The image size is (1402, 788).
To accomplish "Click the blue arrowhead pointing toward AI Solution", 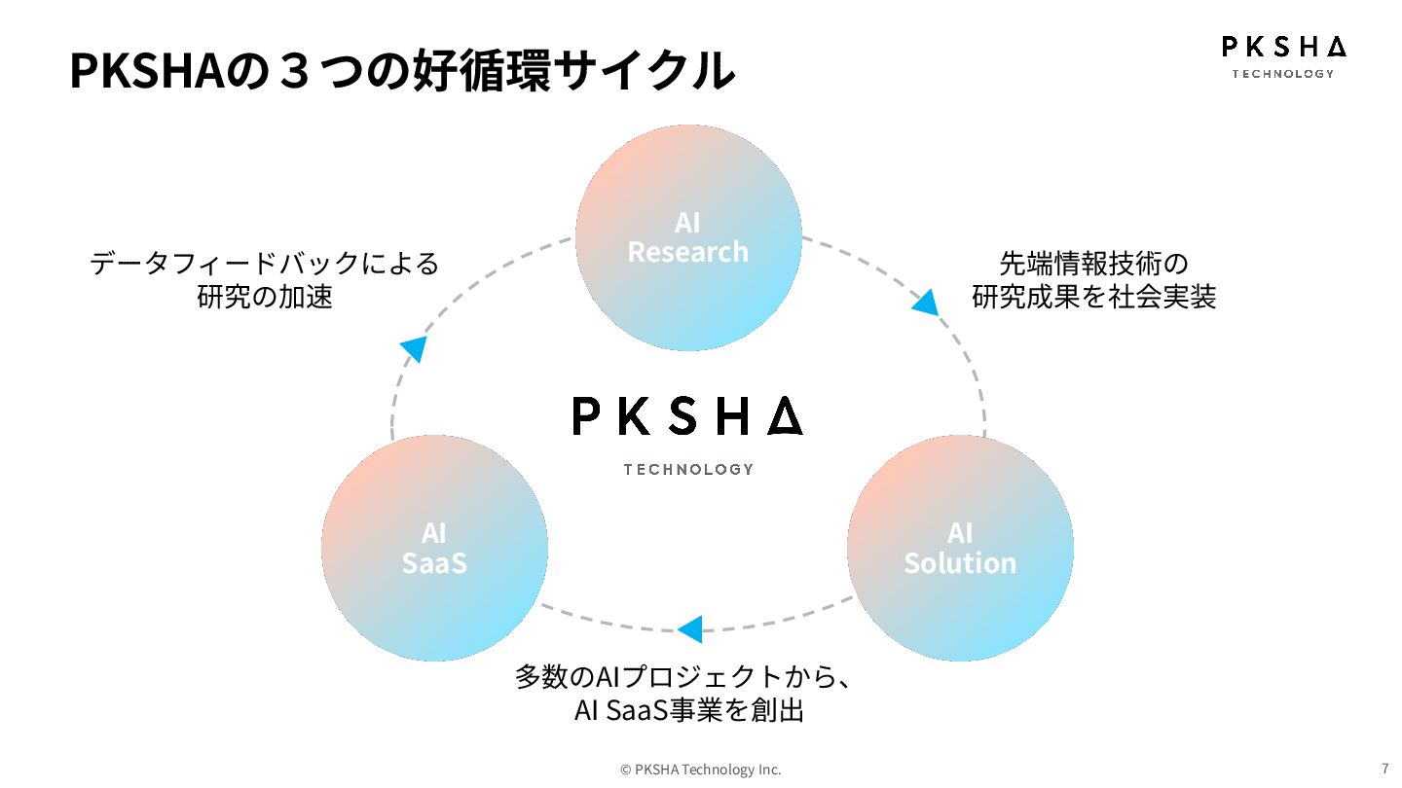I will coord(926,303).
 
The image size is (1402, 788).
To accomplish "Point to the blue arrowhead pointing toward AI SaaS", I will coord(690,629).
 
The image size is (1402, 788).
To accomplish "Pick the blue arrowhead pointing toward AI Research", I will coord(415,348).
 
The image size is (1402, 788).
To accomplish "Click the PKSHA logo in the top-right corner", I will coord(1283,55).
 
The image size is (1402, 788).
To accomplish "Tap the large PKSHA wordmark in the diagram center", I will coord(687,415).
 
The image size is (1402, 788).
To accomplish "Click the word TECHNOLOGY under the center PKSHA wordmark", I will coord(688,469).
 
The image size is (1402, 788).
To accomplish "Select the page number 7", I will coord(1384,768).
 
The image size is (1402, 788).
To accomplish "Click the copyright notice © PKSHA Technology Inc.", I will coord(701,770).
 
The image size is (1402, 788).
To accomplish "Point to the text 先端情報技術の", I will coord(1094,263).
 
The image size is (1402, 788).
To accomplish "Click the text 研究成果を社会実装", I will coord(1094,297).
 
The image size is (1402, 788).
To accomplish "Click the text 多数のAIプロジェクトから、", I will coord(683,677).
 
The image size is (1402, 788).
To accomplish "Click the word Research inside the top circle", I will coord(688,252).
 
